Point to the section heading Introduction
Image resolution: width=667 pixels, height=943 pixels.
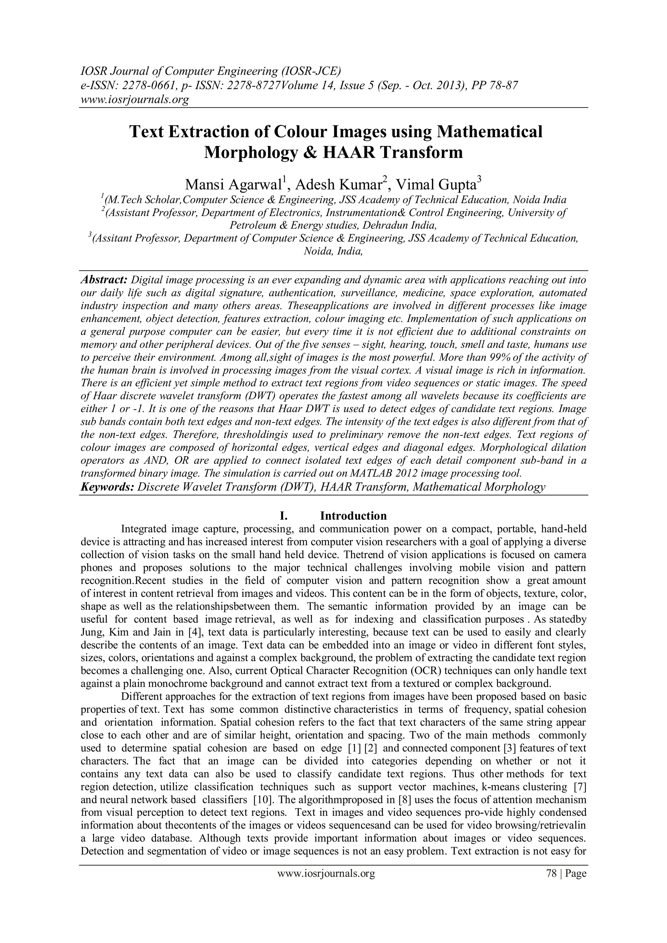click(353, 516)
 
